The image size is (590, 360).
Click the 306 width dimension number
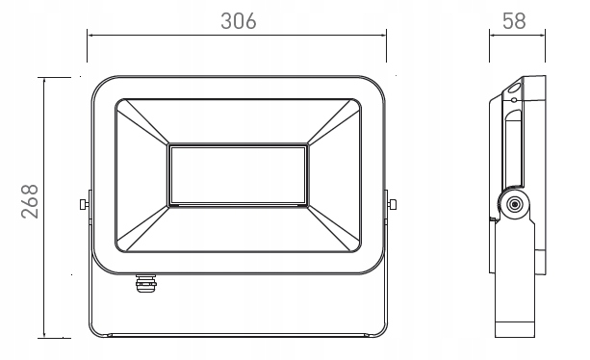[x=238, y=21]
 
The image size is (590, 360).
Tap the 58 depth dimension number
[x=514, y=21]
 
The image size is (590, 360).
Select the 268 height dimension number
[x=30, y=201]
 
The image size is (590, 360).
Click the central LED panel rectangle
[x=238, y=175]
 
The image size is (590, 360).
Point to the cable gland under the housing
[x=145, y=283]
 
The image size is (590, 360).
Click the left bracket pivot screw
[x=85, y=204]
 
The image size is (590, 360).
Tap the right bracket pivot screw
[x=392, y=204]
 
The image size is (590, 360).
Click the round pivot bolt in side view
[x=514, y=205]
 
